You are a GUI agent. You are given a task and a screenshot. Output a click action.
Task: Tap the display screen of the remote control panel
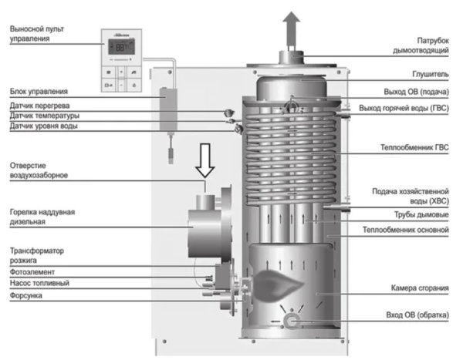pos(124,45)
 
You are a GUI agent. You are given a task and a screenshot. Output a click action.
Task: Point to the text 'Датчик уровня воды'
pos(43,126)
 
